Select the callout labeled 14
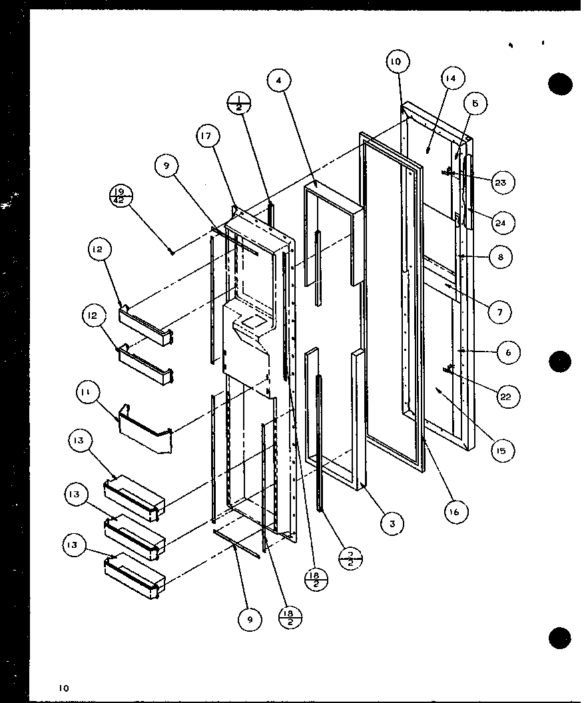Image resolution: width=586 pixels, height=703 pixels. tap(451, 79)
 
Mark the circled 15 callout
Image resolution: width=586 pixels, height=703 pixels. tap(500, 451)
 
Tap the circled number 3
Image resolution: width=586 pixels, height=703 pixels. tap(392, 524)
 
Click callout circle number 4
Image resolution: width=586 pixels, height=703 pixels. tap(279, 81)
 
